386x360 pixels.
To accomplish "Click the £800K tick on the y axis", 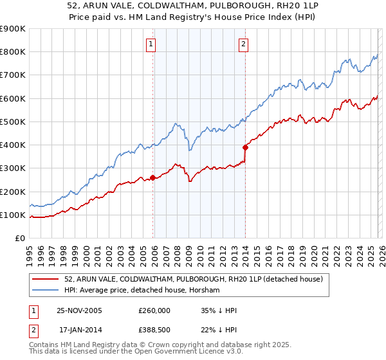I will [12, 52].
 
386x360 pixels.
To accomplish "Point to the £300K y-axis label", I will [12, 168].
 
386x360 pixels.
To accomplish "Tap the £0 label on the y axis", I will [19, 239].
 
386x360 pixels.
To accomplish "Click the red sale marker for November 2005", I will [153, 177].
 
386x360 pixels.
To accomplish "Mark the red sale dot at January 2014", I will [245, 147].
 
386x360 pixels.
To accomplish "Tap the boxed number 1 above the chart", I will [150, 44].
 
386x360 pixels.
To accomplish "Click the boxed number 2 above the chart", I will [244, 44].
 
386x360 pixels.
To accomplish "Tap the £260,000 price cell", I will [154, 310].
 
